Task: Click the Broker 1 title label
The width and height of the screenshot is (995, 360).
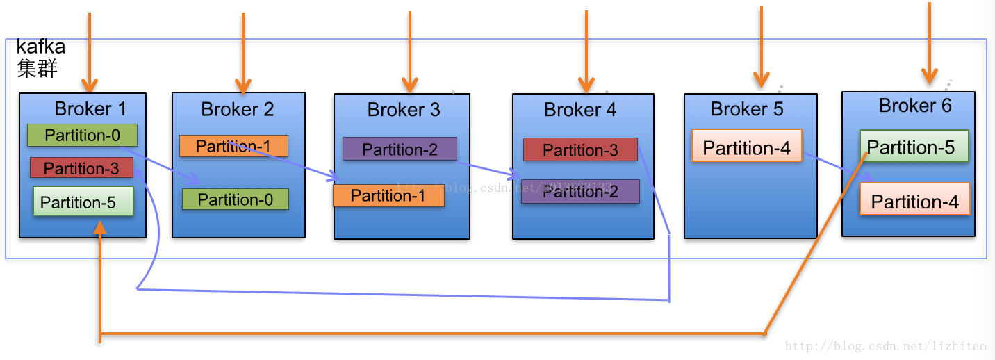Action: click(90, 109)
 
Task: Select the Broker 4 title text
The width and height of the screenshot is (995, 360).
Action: click(580, 110)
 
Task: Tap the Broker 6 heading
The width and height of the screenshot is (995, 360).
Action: click(915, 106)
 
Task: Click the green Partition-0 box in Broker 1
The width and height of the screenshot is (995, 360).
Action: click(82, 135)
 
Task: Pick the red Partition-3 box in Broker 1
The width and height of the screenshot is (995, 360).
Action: click(81, 168)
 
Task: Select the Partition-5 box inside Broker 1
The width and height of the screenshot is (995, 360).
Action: click(83, 202)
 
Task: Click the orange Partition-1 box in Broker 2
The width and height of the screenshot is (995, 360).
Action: click(233, 146)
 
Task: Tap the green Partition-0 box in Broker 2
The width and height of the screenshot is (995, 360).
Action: click(235, 199)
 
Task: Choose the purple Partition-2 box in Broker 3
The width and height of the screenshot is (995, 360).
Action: click(400, 149)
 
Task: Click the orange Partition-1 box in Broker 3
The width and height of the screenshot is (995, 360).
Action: click(388, 196)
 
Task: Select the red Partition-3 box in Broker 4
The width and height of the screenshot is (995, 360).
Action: click(580, 150)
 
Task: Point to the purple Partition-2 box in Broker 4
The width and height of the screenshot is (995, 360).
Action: click(580, 192)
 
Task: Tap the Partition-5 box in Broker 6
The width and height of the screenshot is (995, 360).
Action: click(914, 147)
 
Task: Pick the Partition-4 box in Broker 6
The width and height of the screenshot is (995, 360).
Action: click(914, 201)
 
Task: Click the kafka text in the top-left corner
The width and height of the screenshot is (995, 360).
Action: click(40, 47)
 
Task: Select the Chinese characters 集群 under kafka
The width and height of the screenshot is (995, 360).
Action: click(37, 68)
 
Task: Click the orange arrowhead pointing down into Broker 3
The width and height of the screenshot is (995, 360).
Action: click(410, 85)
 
